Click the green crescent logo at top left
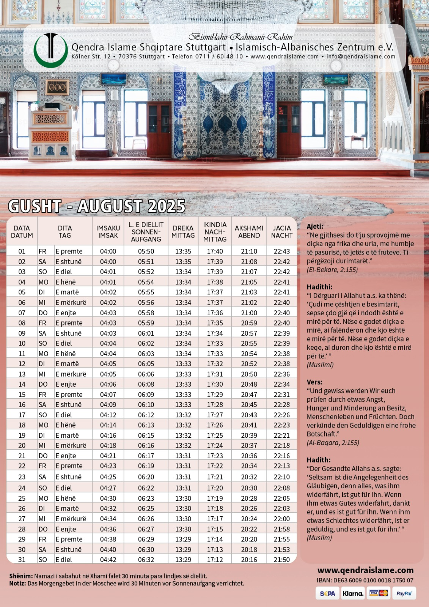pyautogui.click(x=50, y=50)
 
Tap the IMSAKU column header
pyautogui.click(x=108, y=231)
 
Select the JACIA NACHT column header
pyautogui.click(x=281, y=231)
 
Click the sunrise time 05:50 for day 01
pyautogui.click(x=146, y=251)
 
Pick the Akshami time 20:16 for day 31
pyautogui.click(x=249, y=560)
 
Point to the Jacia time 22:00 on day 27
pyautogui.click(x=281, y=519)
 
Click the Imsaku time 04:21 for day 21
pyautogui.click(x=108, y=456)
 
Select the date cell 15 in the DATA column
pyautogui.click(x=22, y=395)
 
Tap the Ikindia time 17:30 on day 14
pyautogui.click(x=215, y=384)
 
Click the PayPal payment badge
pyautogui.click(x=404, y=593)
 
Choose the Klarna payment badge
pyautogui.click(x=353, y=593)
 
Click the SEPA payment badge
pyautogui.click(x=327, y=593)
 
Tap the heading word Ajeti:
pyautogui.click(x=315, y=226)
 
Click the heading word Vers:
pyautogui.click(x=314, y=382)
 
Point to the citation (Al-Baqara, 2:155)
pyautogui.click(x=333, y=442)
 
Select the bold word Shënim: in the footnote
pyautogui.click(x=21, y=576)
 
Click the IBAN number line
pyautogui.click(x=365, y=580)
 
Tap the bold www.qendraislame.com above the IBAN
pyautogui.click(x=365, y=570)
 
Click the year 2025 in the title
pyautogui.click(x=167, y=206)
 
